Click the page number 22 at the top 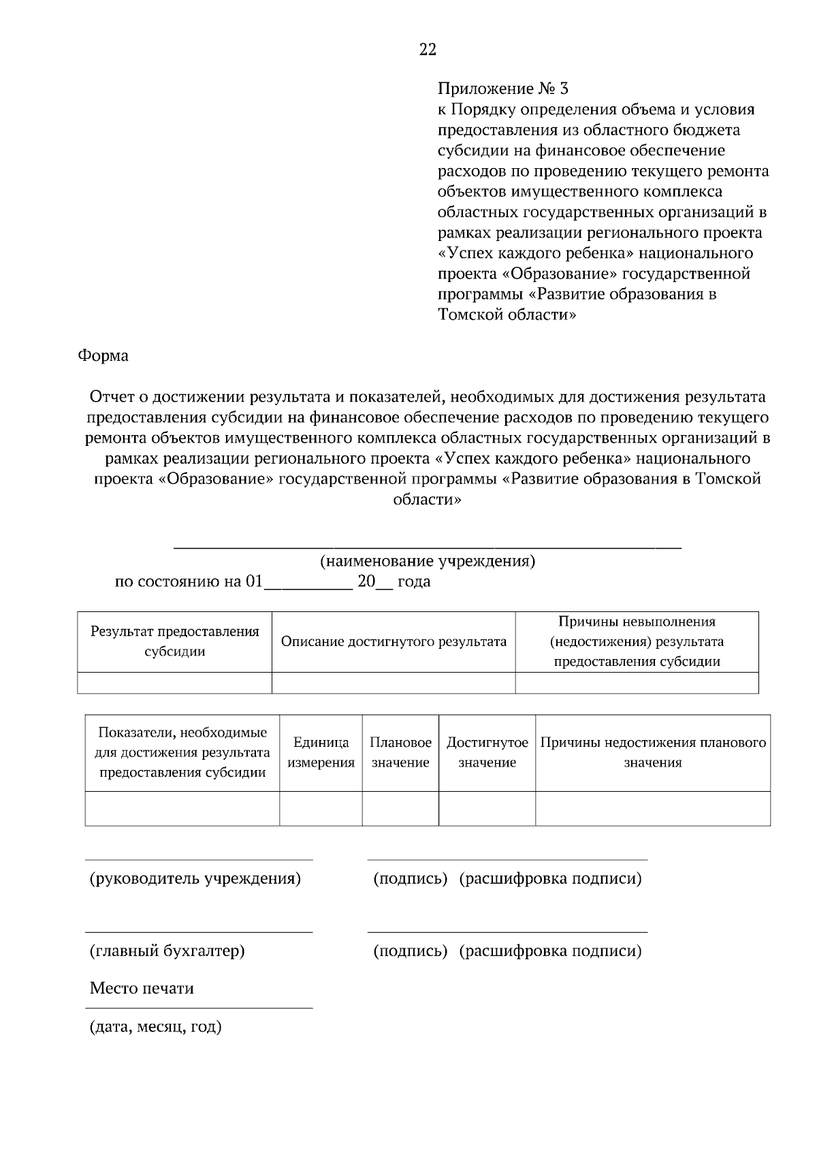point(428,50)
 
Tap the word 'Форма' point(103,356)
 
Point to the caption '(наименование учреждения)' point(428,562)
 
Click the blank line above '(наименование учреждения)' point(428,546)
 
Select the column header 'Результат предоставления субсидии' point(175,641)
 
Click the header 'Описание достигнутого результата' point(394,642)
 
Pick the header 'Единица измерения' point(321,753)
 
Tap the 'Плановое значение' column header point(400,753)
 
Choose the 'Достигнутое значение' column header point(487,753)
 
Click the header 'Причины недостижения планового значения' point(653,753)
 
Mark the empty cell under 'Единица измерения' point(321,808)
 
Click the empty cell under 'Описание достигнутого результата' point(394,683)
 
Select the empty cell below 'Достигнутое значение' point(487,808)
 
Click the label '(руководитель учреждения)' point(195,879)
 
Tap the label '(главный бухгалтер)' point(167,951)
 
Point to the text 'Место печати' point(142,989)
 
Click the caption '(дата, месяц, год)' point(156,1027)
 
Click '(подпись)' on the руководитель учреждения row point(410,879)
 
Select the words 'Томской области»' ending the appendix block point(507,315)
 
